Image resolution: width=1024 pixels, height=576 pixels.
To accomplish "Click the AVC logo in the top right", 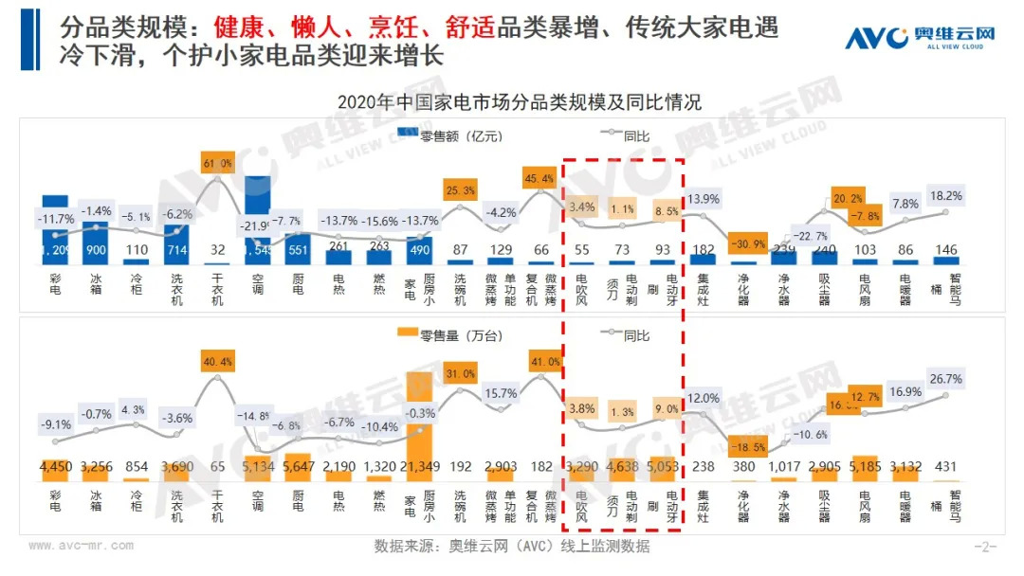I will tap(920, 39).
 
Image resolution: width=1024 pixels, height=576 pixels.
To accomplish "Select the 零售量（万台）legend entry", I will tap(453, 335).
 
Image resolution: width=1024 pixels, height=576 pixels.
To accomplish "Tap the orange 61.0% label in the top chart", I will tap(218, 163).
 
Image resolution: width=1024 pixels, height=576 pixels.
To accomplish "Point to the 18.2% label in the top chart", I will tap(945, 196).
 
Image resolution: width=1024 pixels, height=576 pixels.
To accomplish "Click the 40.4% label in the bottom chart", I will tap(218, 362).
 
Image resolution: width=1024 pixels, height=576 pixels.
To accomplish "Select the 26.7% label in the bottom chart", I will tap(945, 379).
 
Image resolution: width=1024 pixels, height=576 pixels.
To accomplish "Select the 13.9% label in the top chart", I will tap(703, 199).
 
